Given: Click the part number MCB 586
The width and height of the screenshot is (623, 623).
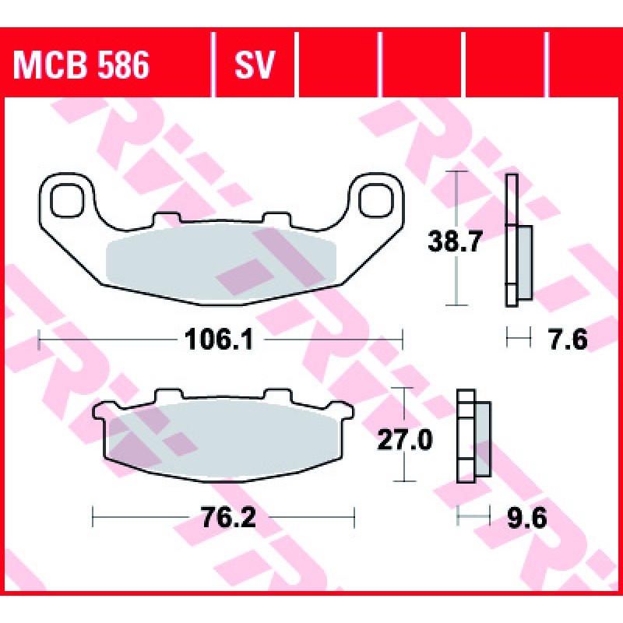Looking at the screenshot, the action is tap(81, 65).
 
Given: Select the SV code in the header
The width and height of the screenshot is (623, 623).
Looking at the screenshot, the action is tap(255, 65).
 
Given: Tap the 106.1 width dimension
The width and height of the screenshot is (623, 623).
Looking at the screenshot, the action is tap(219, 340).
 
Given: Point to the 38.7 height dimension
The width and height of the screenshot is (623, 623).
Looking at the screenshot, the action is tap(455, 241).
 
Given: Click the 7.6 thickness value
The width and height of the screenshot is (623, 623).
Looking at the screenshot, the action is tap(568, 340).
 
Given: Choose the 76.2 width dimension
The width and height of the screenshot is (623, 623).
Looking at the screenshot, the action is tap(229, 517).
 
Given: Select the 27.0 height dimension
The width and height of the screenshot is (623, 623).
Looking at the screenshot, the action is tap(404, 439).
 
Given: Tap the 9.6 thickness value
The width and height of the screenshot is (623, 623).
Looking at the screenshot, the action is tap(527, 517).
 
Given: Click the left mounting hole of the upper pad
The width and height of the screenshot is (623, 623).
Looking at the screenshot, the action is tap(68, 200).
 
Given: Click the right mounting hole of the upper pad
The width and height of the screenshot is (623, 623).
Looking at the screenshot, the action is tap(376, 200).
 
